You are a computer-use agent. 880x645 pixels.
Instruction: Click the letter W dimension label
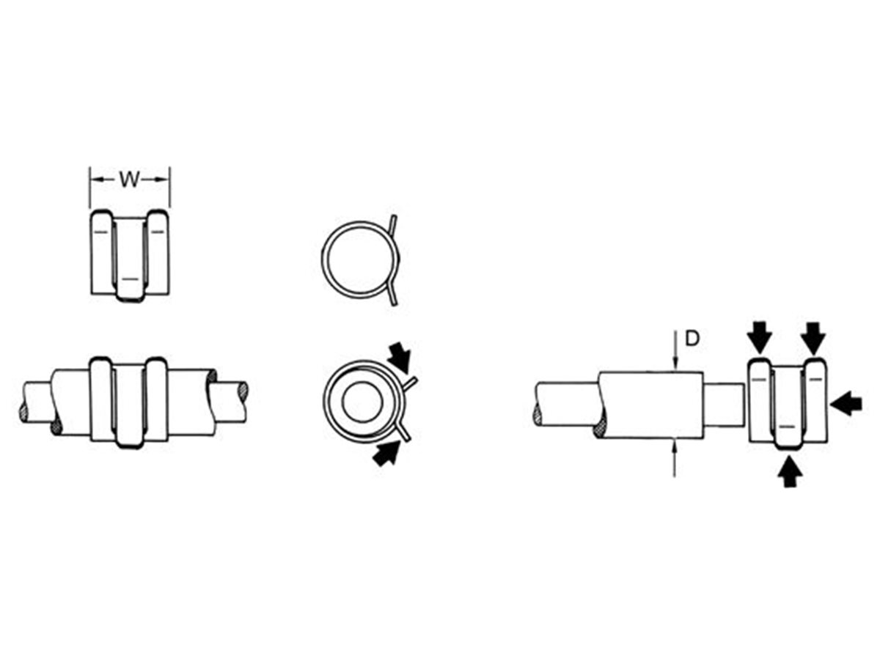coord(130,180)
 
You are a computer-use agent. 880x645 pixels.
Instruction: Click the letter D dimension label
coord(692,339)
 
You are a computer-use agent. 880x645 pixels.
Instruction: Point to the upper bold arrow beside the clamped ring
coord(400,356)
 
